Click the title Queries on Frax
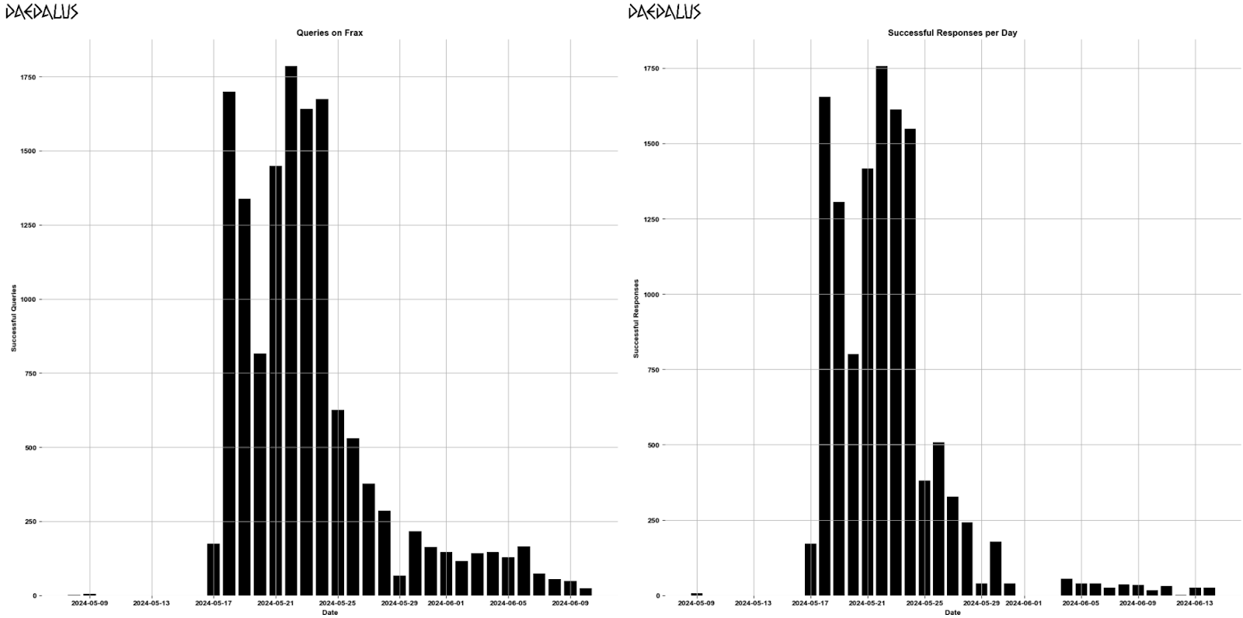tap(329, 33)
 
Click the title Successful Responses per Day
tap(952, 33)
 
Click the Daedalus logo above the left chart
tap(42, 12)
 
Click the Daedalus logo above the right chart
tap(664, 12)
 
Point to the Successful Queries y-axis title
tap(13, 319)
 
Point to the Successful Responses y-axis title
tap(635, 319)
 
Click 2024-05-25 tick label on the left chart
tap(337, 602)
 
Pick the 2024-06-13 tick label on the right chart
tap(1196, 602)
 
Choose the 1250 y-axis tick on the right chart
tap(650, 219)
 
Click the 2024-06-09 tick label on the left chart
tap(569, 602)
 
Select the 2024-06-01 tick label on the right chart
tap(1024, 602)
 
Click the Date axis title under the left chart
tap(330, 613)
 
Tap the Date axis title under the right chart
tap(952, 613)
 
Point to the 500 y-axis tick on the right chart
tap(653, 445)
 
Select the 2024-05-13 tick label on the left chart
tap(151, 602)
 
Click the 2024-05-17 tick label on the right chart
tap(810, 602)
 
